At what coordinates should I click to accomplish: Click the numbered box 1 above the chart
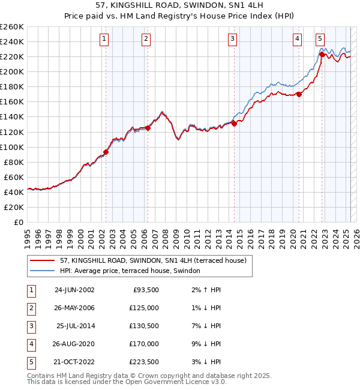104,40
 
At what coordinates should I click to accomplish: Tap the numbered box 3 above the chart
232,40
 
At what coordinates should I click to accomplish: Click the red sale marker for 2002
106,152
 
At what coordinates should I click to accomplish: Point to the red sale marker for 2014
235,124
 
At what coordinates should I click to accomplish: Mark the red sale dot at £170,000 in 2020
299,94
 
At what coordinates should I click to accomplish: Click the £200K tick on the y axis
12,71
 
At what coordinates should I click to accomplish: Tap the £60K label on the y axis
14,177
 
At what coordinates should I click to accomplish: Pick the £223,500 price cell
143,362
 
